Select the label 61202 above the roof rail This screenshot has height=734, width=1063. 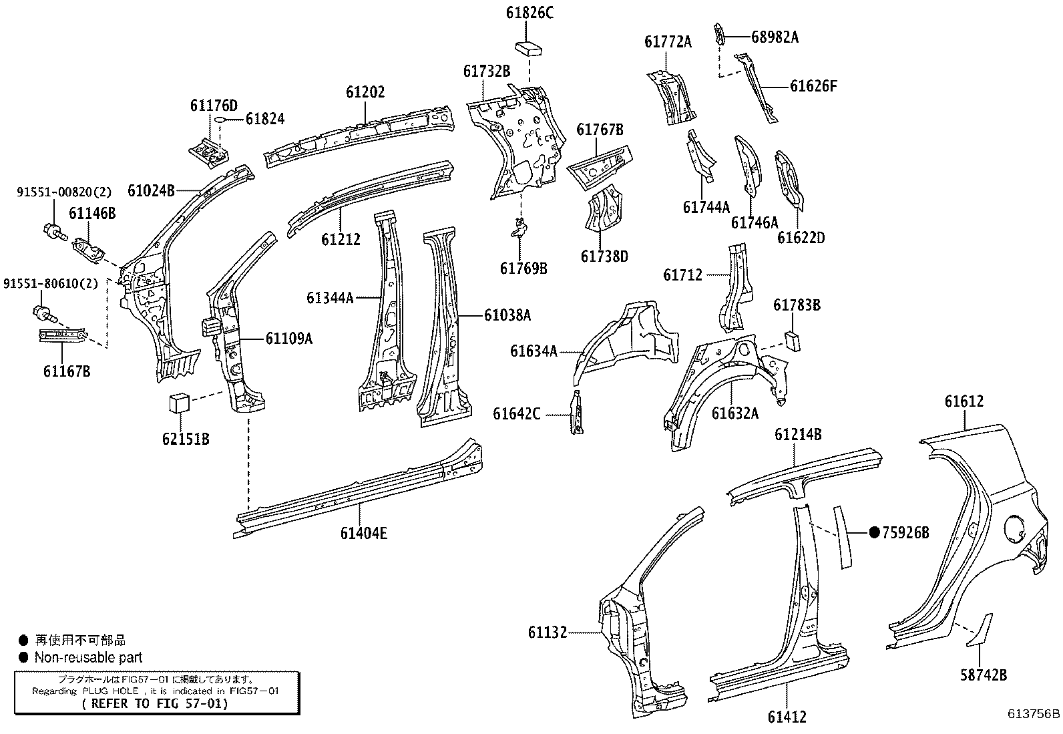pyautogui.click(x=365, y=92)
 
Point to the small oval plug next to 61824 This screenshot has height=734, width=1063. pyautogui.click(x=219, y=120)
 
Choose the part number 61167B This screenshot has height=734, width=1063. pyautogui.click(x=67, y=371)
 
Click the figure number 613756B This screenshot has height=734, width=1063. pyautogui.click(x=1034, y=713)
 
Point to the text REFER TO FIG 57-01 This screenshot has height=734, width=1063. pyautogui.click(x=154, y=703)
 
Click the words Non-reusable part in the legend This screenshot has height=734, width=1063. pyautogui.click(x=88, y=657)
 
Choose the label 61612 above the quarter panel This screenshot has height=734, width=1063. pyautogui.click(x=964, y=401)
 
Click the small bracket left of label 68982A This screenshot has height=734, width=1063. pyautogui.click(x=720, y=34)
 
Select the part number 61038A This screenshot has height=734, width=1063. pyautogui.click(x=507, y=315)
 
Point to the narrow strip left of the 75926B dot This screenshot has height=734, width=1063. pyautogui.click(x=841, y=537)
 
